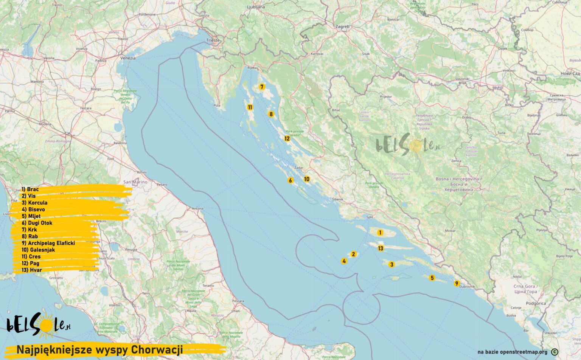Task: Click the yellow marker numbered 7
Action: point(262,87)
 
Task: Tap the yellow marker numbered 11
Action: point(250,107)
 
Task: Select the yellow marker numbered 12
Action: point(287,138)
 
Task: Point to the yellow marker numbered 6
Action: point(290,180)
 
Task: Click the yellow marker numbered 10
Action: point(306,179)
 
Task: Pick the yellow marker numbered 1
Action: point(380,233)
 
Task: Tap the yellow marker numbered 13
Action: point(381,248)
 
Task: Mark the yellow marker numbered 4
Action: point(344,261)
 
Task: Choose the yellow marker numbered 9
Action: point(457,284)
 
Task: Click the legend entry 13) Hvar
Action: point(32,270)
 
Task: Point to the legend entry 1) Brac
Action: point(30,189)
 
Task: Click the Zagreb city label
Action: point(342,27)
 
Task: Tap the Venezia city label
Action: point(128,58)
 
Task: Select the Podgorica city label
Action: point(536,303)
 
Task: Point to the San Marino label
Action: point(135,182)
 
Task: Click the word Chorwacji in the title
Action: point(157,349)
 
